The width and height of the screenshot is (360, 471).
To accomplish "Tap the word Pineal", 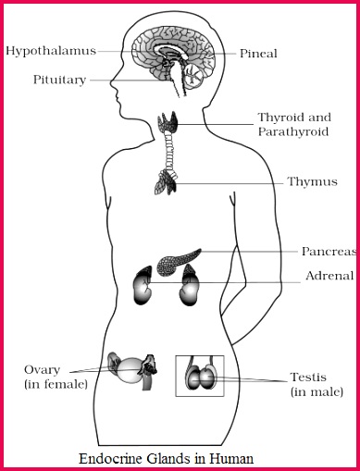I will (258, 55).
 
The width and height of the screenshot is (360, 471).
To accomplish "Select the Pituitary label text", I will (60, 80).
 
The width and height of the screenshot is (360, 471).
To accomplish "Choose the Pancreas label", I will (328, 251).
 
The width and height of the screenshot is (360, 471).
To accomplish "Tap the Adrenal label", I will (329, 276).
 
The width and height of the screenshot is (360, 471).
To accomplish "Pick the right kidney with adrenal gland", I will (191, 284).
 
